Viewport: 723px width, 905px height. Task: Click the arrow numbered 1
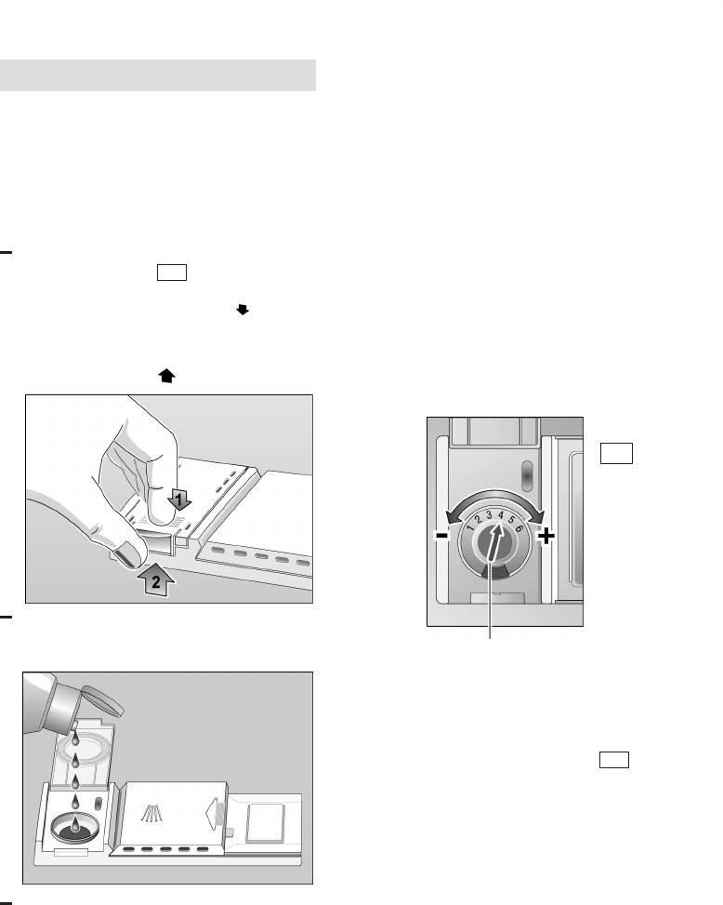(x=179, y=499)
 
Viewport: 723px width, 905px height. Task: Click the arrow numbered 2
(x=156, y=580)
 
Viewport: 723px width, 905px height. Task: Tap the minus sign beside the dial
(x=441, y=536)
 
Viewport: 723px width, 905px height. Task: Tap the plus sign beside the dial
(x=546, y=537)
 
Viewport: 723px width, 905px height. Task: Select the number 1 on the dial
(x=470, y=527)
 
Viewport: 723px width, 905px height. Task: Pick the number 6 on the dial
(x=519, y=527)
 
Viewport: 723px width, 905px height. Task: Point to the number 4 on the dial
(x=501, y=515)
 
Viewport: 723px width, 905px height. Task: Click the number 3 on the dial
(x=489, y=515)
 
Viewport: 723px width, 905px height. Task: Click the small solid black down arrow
(x=243, y=310)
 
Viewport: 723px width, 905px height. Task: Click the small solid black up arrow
(x=166, y=376)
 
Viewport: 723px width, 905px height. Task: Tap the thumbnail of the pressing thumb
(x=128, y=553)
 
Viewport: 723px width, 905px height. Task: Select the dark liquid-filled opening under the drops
(x=74, y=827)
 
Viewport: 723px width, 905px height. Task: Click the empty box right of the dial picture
(x=616, y=453)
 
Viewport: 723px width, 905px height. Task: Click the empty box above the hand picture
(x=172, y=273)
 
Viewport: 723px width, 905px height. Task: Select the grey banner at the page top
(x=158, y=75)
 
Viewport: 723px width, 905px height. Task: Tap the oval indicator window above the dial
(x=526, y=475)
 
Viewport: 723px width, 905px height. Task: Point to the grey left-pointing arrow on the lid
(x=214, y=813)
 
